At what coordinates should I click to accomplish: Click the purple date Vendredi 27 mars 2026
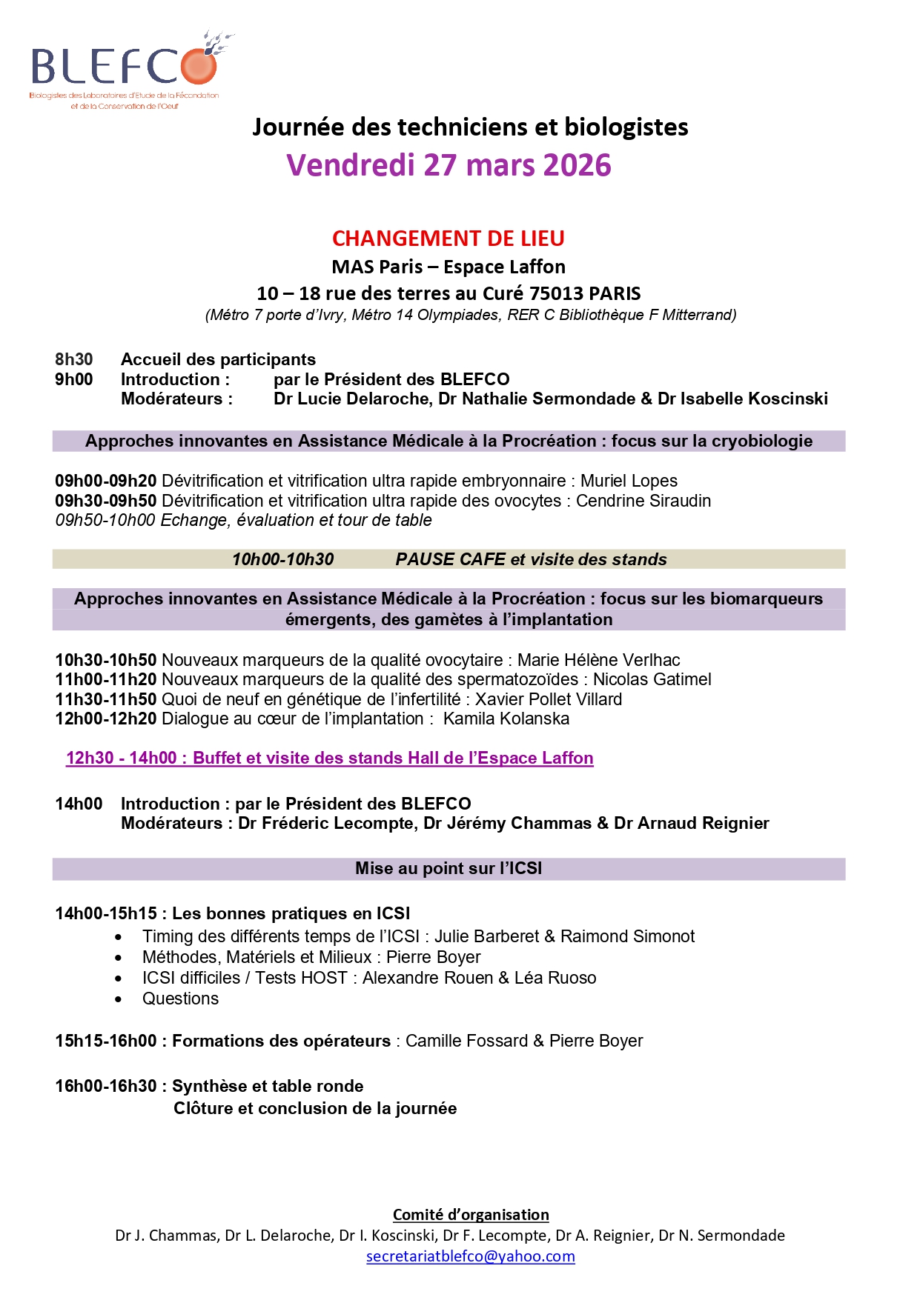[x=449, y=165]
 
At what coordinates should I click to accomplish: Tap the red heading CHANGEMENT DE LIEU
[x=448, y=239]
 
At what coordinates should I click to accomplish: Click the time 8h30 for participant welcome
[x=74, y=360]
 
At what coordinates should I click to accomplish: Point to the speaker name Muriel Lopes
[x=629, y=481]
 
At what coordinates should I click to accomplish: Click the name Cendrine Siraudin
[x=643, y=501]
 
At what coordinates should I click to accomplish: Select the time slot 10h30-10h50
[x=106, y=660]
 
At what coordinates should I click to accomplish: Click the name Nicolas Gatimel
[x=652, y=680]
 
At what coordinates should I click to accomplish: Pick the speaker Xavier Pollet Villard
[x=548, y=700]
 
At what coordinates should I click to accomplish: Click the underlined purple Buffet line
[x=330, y=759]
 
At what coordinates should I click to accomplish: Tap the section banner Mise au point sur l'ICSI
[x=449, y=869]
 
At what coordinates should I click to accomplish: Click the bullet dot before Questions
[x=119, y=1000]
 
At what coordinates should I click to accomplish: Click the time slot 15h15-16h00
[x=106, y=1041]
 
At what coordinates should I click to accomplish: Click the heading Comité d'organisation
[x=471, y=1215]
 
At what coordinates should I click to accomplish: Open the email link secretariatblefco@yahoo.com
[x=471, y=1256]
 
